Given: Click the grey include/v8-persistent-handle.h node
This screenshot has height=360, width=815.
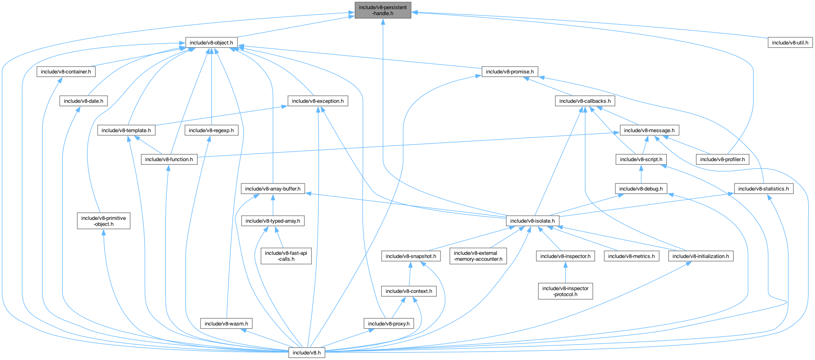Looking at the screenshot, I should tap(383, 10).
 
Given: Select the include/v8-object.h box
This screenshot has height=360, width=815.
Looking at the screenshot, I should tap(211, 42).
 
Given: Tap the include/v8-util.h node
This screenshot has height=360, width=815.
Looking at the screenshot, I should tap(790, 42).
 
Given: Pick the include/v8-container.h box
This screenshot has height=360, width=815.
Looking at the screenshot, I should tap(66, 72).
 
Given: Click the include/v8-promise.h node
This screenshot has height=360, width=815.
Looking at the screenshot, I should tap(509, 72).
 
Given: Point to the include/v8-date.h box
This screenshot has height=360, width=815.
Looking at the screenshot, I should tap(83, 101).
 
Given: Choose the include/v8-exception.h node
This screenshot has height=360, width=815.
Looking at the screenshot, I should tap(318, 101).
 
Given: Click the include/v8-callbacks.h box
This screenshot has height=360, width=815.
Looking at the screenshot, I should tap(585, 101).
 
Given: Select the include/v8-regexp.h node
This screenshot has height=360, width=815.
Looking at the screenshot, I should tap(211, 130).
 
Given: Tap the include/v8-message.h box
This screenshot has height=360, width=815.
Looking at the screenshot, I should tap(649, 130).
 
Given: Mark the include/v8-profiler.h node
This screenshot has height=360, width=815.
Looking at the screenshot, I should tap(722, 160).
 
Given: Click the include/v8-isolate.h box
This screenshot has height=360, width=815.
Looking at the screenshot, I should tap(532, 221).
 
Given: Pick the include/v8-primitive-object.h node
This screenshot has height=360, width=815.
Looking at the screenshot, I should tap(104, 221).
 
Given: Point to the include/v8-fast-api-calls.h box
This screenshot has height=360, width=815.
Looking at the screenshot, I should tap(286, 256).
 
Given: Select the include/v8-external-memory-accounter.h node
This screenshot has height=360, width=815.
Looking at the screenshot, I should tap(478, 256).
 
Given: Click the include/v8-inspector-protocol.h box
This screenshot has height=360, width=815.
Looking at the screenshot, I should tap(565, 291).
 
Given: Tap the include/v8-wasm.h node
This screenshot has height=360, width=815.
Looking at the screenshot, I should tap(226, 324).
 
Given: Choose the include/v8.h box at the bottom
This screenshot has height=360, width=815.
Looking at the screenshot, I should tap(306, 352).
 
